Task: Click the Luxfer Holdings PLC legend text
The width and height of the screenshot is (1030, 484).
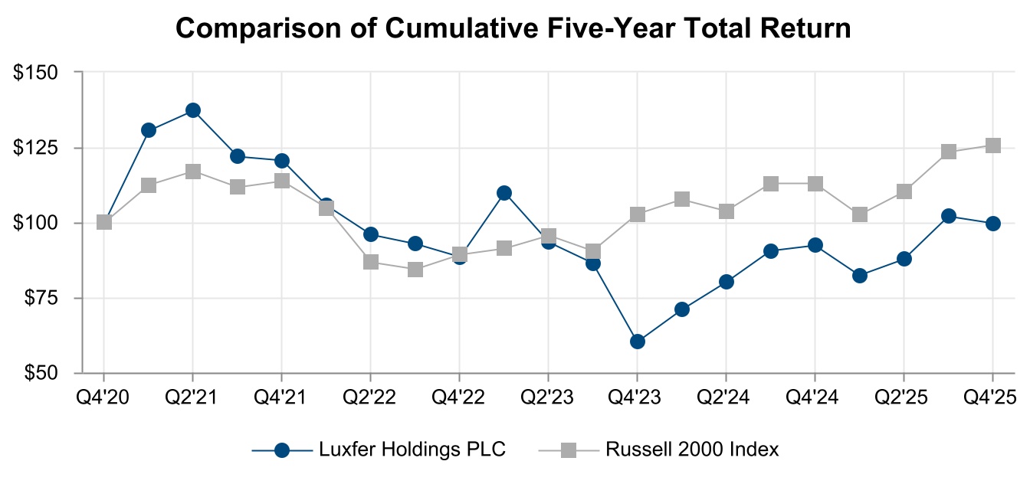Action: [x=412, y=450]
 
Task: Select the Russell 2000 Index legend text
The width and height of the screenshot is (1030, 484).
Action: [x=692, y=450]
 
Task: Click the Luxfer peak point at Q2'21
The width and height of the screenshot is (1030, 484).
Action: [x=192, y=110]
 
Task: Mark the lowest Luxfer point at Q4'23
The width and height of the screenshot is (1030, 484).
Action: [x=637, y=342]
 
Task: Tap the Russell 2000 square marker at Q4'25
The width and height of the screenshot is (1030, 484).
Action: [x=992, y=146]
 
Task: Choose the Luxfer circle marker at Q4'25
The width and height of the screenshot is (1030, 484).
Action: [x=992, y=224]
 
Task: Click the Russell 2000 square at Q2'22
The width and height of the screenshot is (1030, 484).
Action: [x=370, y=262]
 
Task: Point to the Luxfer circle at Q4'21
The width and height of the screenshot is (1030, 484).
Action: [x=281, y=161]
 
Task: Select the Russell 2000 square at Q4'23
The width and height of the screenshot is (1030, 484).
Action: [x=637, y=214]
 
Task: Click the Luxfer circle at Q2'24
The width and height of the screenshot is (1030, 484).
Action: [x=726, y=282]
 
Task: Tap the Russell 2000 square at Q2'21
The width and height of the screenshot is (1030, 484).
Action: [x=192, y=172]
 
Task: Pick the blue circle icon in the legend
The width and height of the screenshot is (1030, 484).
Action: [x=282, y=450]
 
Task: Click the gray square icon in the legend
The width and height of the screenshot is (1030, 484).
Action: [x=568, y=450]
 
